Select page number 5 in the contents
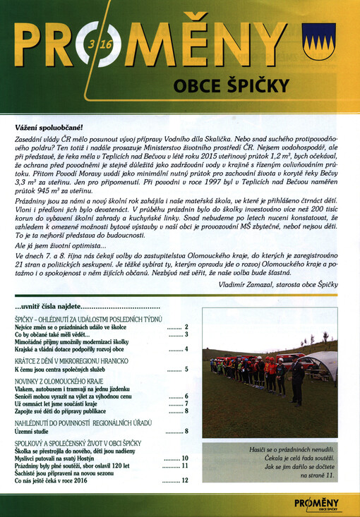[x=186, y=369]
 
